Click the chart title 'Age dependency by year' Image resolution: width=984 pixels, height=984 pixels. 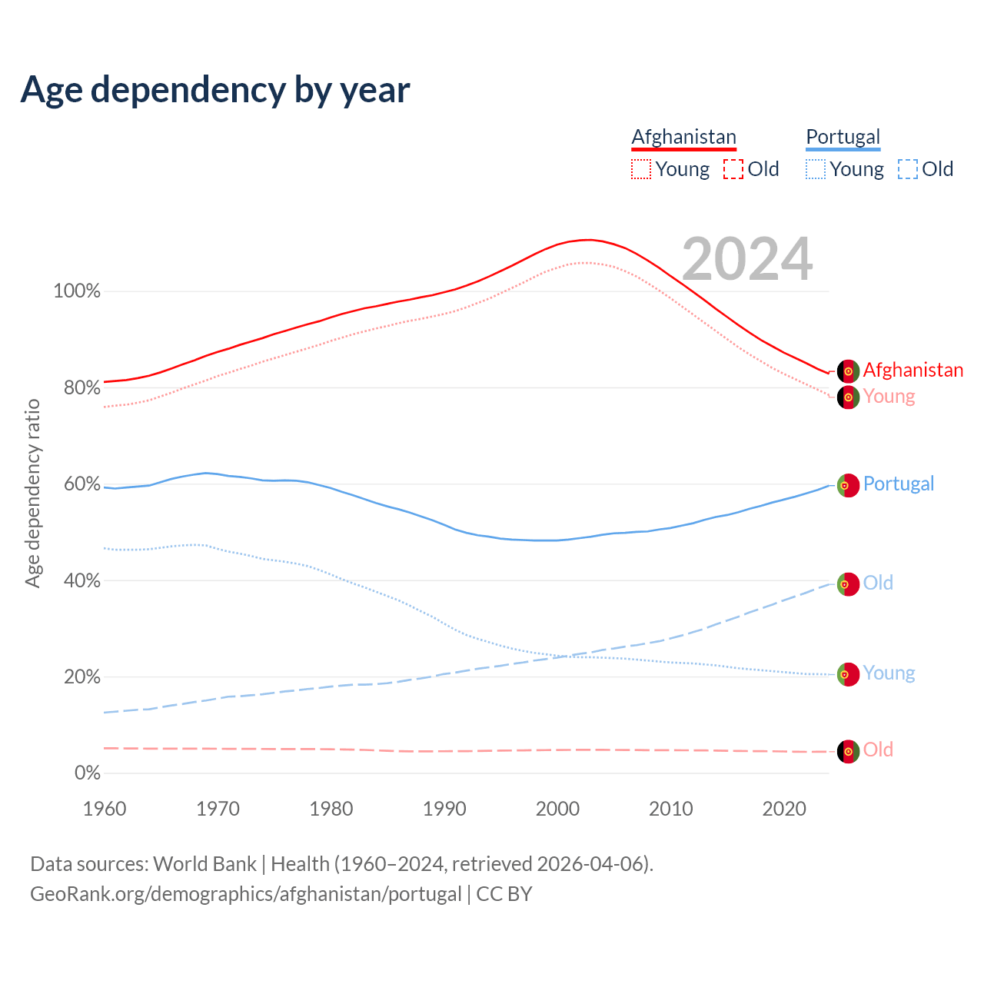point(215,90)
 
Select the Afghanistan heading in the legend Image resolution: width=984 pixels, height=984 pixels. point(683,137)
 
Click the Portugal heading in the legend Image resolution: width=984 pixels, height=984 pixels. point(843,137)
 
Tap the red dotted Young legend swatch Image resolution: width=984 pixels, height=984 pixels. point(641,169)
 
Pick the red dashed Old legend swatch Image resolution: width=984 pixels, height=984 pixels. point(733,169)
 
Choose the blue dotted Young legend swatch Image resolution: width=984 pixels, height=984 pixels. point(816,169)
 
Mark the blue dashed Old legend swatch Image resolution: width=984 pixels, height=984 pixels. point(908,169)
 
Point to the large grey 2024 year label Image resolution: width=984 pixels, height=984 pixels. point(746,259)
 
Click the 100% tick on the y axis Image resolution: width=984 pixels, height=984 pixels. point(77,291)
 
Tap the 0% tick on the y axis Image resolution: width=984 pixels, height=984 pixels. point(87,773)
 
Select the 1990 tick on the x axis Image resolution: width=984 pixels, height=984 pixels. point(444,809)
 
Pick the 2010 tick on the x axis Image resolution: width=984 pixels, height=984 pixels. point(671,809)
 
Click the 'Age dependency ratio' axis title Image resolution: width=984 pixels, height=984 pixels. point(32,493)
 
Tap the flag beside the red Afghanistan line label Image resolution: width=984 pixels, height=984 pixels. point(848,371)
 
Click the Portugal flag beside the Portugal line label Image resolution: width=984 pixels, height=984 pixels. point(848,486)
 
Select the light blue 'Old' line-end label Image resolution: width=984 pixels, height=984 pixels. point(878,583)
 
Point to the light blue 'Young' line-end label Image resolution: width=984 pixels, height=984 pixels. point(889,673)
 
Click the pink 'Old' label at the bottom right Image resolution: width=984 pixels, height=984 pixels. point(878,750)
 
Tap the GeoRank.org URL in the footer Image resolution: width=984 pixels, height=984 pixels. point(246,894)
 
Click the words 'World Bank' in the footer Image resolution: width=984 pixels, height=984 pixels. point(204,864)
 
